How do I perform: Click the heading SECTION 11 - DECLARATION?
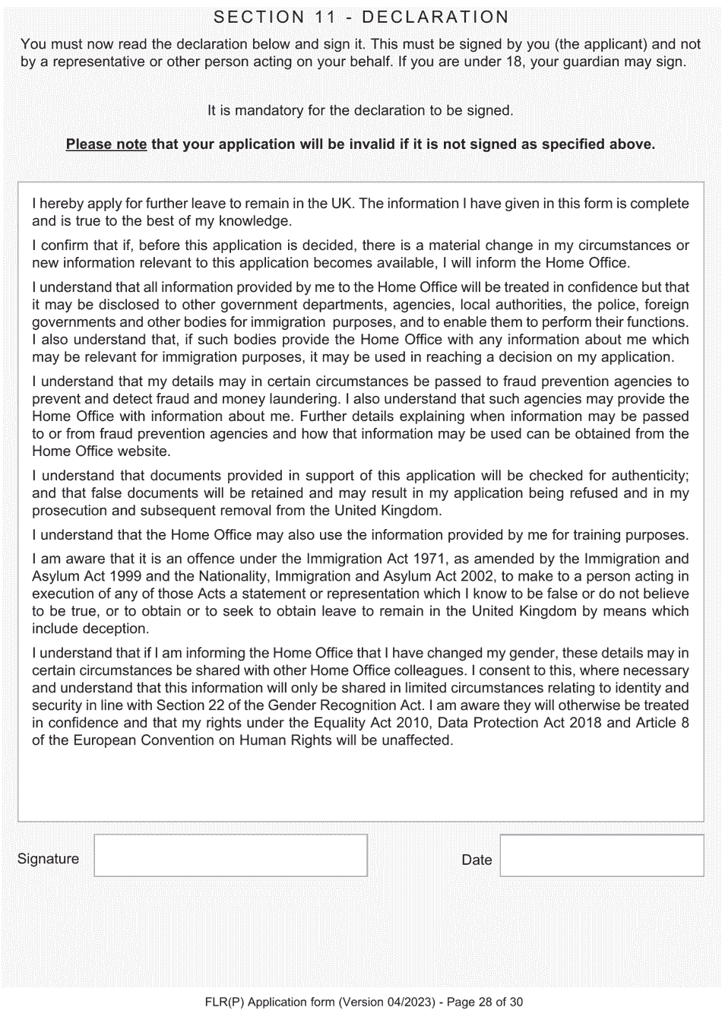click(x=361, y=17)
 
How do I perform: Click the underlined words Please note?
click(x=106, y=144)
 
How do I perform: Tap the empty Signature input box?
click(x=230, y=855)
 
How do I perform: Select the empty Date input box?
click(x=601, y=856)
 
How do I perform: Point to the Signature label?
click(x=48, y=859)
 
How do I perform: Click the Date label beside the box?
click(x=477, y=860)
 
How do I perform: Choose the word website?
click(x=138, y=451)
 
